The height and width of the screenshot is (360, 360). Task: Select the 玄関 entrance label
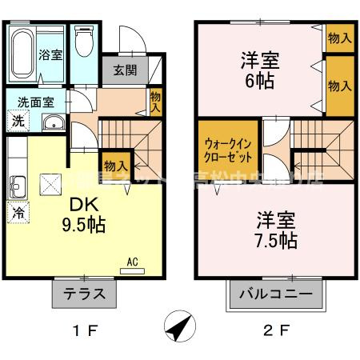tap(124, 70)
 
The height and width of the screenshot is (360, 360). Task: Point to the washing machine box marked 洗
tap(17, 122)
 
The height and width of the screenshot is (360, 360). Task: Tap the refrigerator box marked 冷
tap(17, 213)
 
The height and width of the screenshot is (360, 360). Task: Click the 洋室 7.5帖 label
tap(276, 228)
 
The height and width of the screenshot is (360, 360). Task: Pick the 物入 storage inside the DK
tap(116, 165)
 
